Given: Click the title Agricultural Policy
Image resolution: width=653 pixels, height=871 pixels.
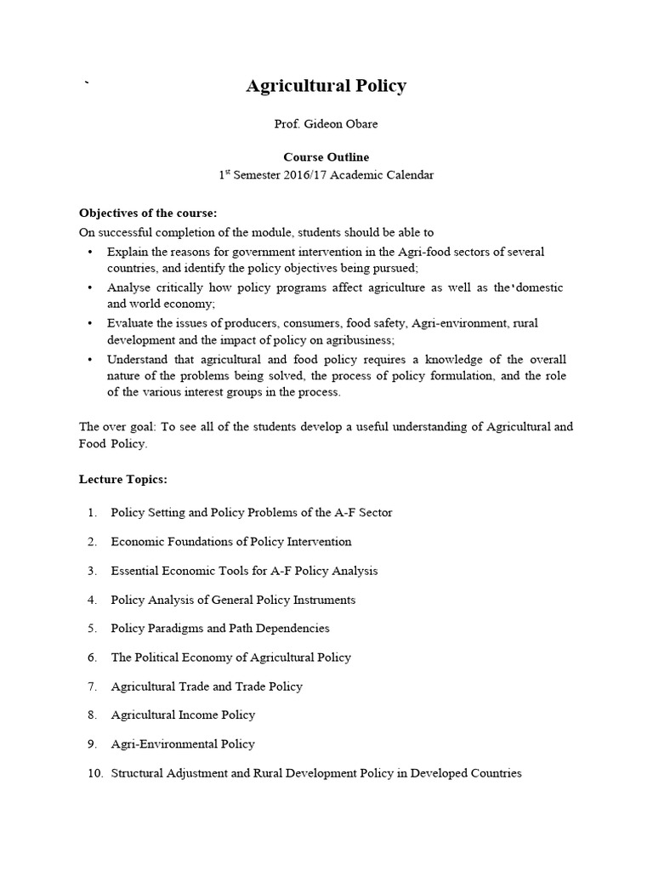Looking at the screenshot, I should (326, 86).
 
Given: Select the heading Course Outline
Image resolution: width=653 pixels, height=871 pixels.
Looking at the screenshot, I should (326, 157).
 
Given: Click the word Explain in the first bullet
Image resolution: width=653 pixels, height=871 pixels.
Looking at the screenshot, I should (126, 252).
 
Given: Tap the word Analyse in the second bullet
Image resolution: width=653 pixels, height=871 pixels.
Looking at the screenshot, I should (128, 287).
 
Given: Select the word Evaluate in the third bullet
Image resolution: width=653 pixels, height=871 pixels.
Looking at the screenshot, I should (129, 323).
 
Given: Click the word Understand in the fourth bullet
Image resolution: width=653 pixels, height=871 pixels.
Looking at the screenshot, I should (136, 359).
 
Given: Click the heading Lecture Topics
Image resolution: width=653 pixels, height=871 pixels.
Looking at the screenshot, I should (122, 479).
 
